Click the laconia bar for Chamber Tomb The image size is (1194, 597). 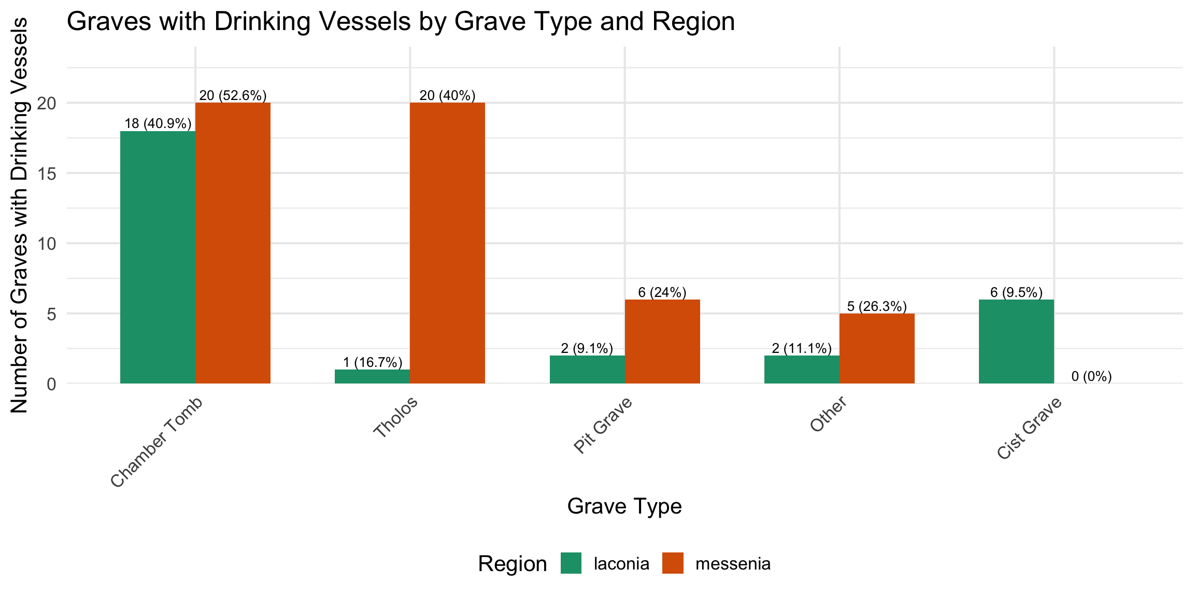[158, 257]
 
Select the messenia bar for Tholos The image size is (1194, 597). [447, 243]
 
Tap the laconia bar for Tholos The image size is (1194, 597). [372, 377]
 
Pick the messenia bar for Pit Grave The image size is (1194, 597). [662, 342]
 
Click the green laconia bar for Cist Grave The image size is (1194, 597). [1016, 342]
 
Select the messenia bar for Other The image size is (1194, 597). [877, 348]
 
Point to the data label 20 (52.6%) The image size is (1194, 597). [233, 95]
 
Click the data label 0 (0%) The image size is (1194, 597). [1091, 377]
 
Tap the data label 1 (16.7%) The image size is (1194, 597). [372, 362]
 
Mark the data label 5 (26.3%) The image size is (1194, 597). [877, 306]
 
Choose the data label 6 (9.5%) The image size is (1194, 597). [1016, 292]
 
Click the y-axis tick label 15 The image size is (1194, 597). [47, 174]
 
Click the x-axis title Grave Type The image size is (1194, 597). [624, 506]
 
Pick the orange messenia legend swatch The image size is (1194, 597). [673, 563]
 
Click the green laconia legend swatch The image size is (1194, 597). [571, 563]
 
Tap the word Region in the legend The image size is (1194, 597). [512, 564]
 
